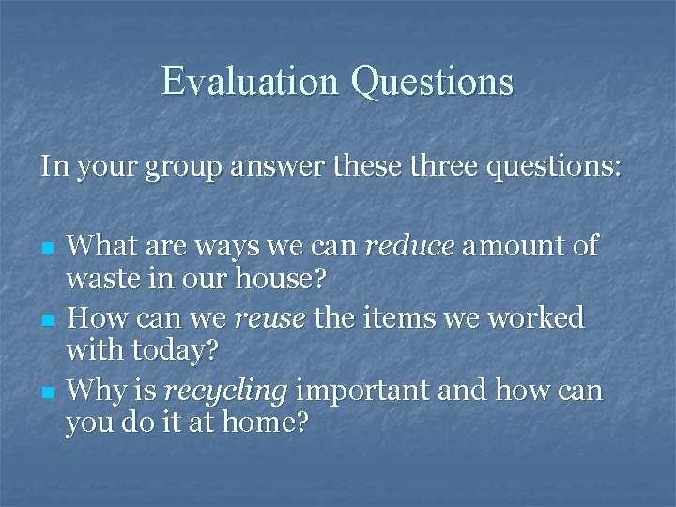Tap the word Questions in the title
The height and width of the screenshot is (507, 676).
click(433, 83)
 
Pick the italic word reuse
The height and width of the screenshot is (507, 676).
click(269, 318)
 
